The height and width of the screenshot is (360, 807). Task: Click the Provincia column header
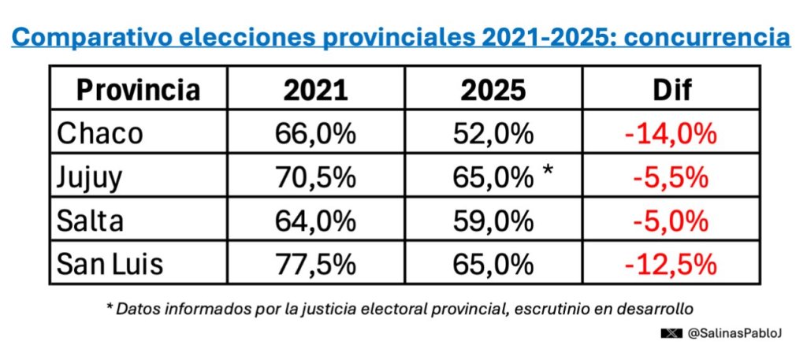click(138, 90)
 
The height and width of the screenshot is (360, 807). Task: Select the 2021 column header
click(315, 90)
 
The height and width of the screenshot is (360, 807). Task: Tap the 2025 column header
click(493, 90)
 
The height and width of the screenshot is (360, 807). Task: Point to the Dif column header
click(671, 90)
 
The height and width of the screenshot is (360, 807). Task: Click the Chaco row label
click(99, 134)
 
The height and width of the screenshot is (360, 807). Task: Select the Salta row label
click(90, 221)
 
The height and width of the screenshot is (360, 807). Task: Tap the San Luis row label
click(110, 265)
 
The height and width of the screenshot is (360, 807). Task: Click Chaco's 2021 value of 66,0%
click(315, 134)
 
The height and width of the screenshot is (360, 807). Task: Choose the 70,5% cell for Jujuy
click(315, 178)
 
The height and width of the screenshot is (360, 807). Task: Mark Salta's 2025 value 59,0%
click(493, 221)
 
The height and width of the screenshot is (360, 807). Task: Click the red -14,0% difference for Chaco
click(671, 134)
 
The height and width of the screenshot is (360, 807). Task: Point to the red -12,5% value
click(671, 265)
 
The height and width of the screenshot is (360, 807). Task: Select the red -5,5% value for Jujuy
click(671, 178)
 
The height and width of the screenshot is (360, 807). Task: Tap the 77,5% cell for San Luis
click(315, 265)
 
